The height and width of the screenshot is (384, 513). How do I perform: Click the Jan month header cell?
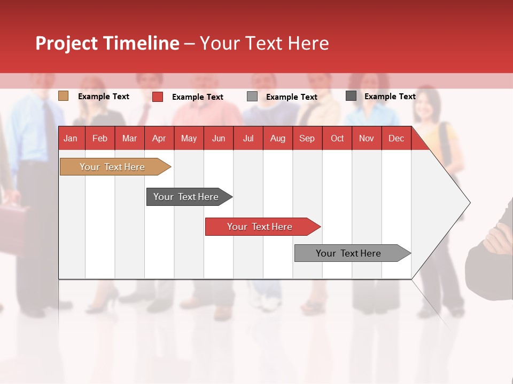point(71,138)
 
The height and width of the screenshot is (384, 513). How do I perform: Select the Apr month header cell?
point(159,138)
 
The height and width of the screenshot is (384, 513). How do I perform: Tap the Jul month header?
point(248,138)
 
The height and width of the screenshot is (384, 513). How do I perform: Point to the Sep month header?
point(307,138)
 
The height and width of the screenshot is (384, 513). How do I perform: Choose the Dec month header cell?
point(396,138)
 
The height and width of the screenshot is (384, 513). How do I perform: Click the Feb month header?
point(100,138)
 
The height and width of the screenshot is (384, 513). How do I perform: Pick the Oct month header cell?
point(337,138)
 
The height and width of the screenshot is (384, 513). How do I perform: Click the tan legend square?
point(63,96)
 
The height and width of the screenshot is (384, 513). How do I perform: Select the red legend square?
point(158,97)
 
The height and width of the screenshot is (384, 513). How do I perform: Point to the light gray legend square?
point(252,97)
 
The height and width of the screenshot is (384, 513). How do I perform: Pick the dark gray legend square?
point(351,96)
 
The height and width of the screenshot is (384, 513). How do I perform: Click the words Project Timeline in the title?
point(107,43)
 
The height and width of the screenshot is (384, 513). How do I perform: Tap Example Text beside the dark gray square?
point(390,97)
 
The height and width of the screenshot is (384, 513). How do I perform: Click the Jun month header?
point(219,138)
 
